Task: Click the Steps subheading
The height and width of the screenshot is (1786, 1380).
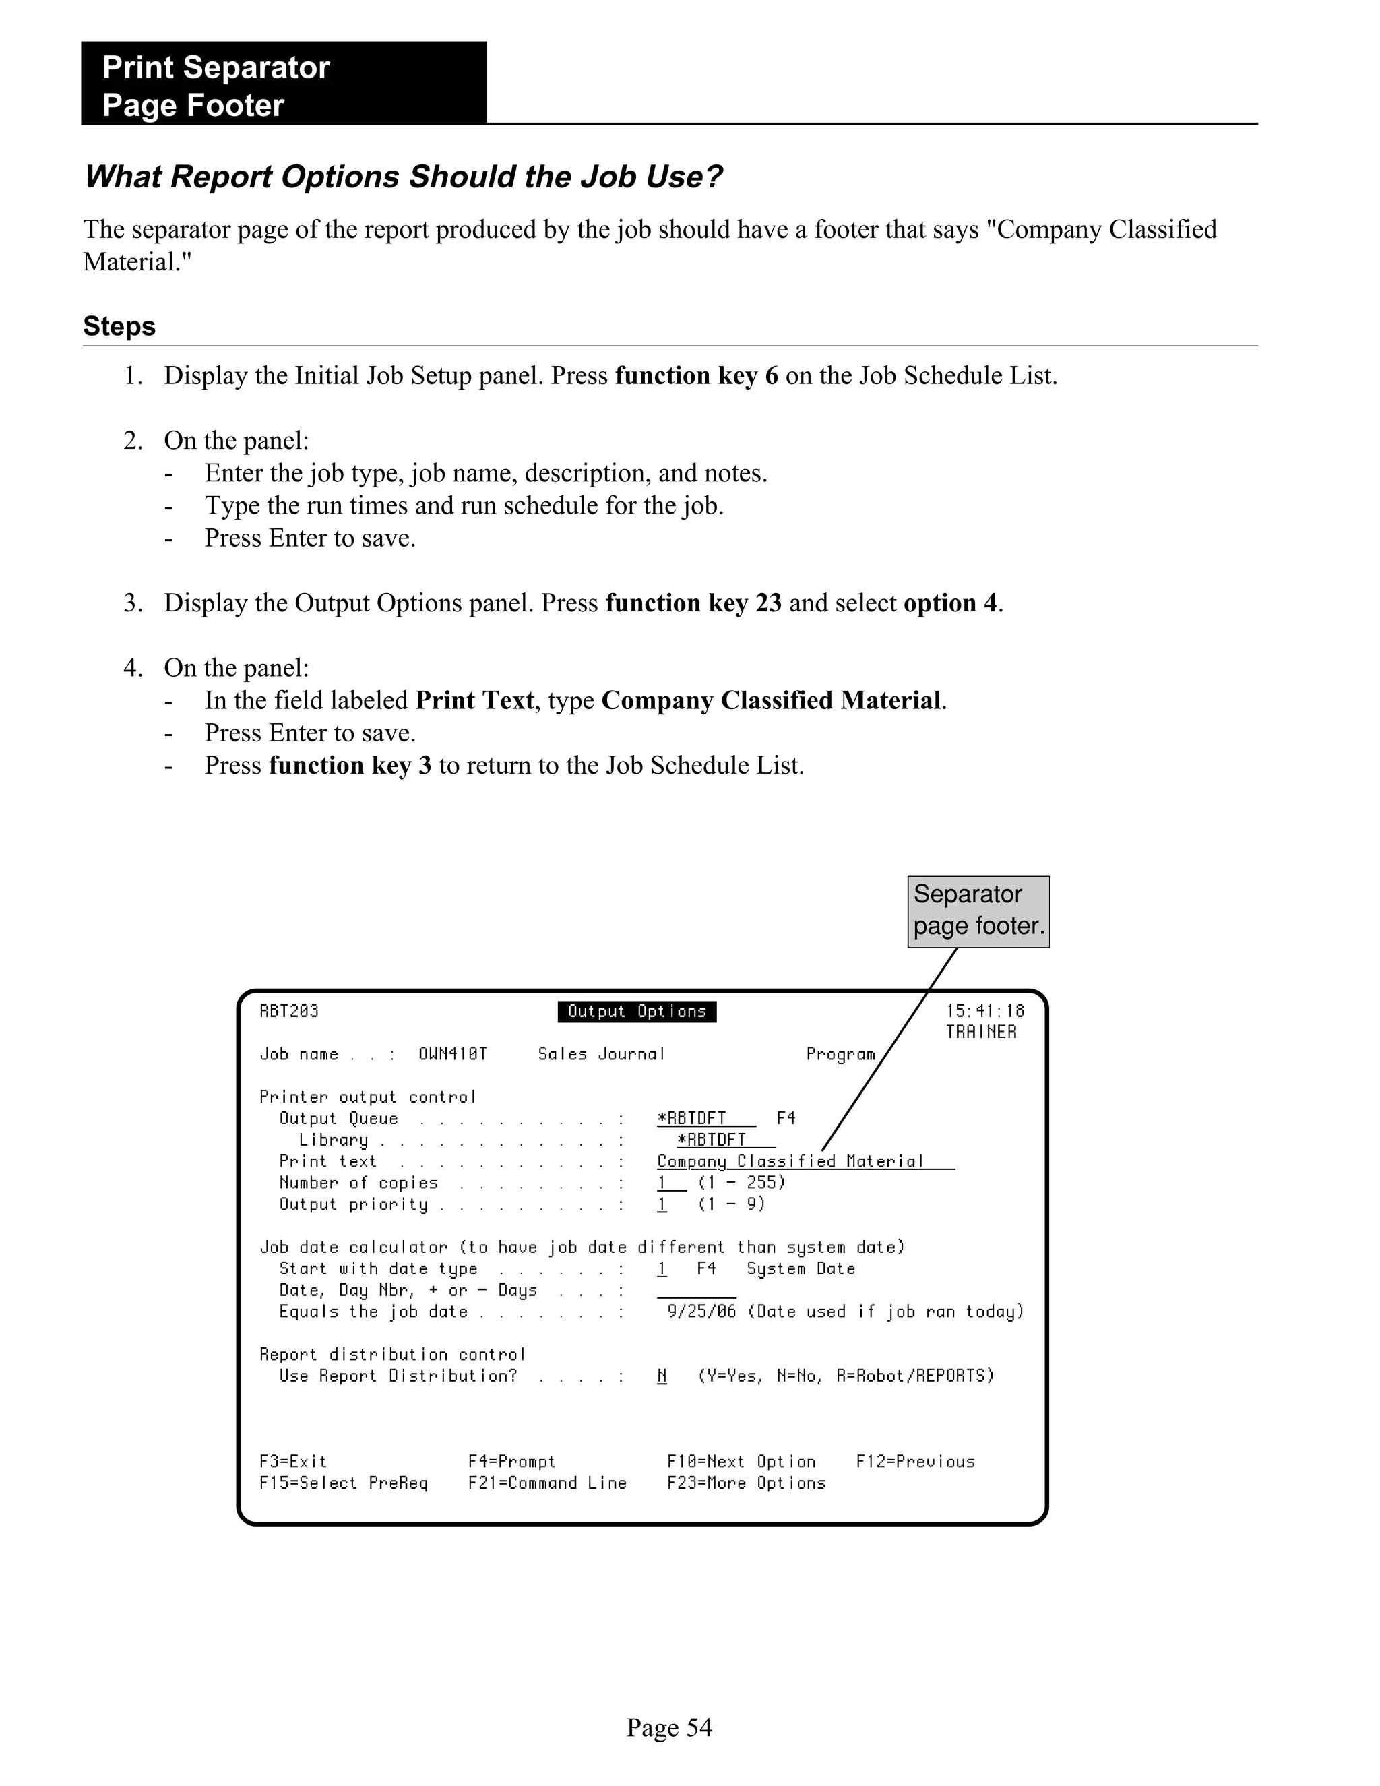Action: pos(119,326)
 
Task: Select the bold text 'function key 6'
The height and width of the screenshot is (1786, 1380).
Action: pos(695,376)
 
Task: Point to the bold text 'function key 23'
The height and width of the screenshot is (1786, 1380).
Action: pos(693,603)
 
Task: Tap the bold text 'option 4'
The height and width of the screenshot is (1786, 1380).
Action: pos(950,603)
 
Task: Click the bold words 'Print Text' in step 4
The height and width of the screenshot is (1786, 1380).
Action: pos(474,701)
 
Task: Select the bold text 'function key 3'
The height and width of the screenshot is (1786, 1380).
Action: pos(350,766)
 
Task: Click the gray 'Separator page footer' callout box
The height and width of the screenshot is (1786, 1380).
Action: pos(978,911)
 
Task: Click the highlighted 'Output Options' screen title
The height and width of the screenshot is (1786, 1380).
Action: pos(637,1012)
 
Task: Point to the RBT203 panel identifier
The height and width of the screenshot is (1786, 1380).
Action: pos(288,1012)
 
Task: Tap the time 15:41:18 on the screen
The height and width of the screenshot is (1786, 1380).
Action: pos(984,1012)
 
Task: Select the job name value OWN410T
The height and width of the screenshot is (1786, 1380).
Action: pos(452,1055)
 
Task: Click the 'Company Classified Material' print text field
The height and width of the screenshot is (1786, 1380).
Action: pos(790,1161)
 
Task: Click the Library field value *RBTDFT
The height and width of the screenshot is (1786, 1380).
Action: pos(712,1140)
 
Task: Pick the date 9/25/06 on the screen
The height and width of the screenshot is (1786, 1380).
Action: pos(701,1312)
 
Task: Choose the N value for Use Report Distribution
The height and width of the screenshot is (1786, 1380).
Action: pos(662,1376)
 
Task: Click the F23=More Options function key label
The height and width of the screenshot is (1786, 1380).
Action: pos(746,1483)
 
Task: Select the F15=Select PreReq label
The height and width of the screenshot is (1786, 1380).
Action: pos(344,1483)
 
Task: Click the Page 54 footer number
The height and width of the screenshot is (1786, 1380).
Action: pos(668,1727)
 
